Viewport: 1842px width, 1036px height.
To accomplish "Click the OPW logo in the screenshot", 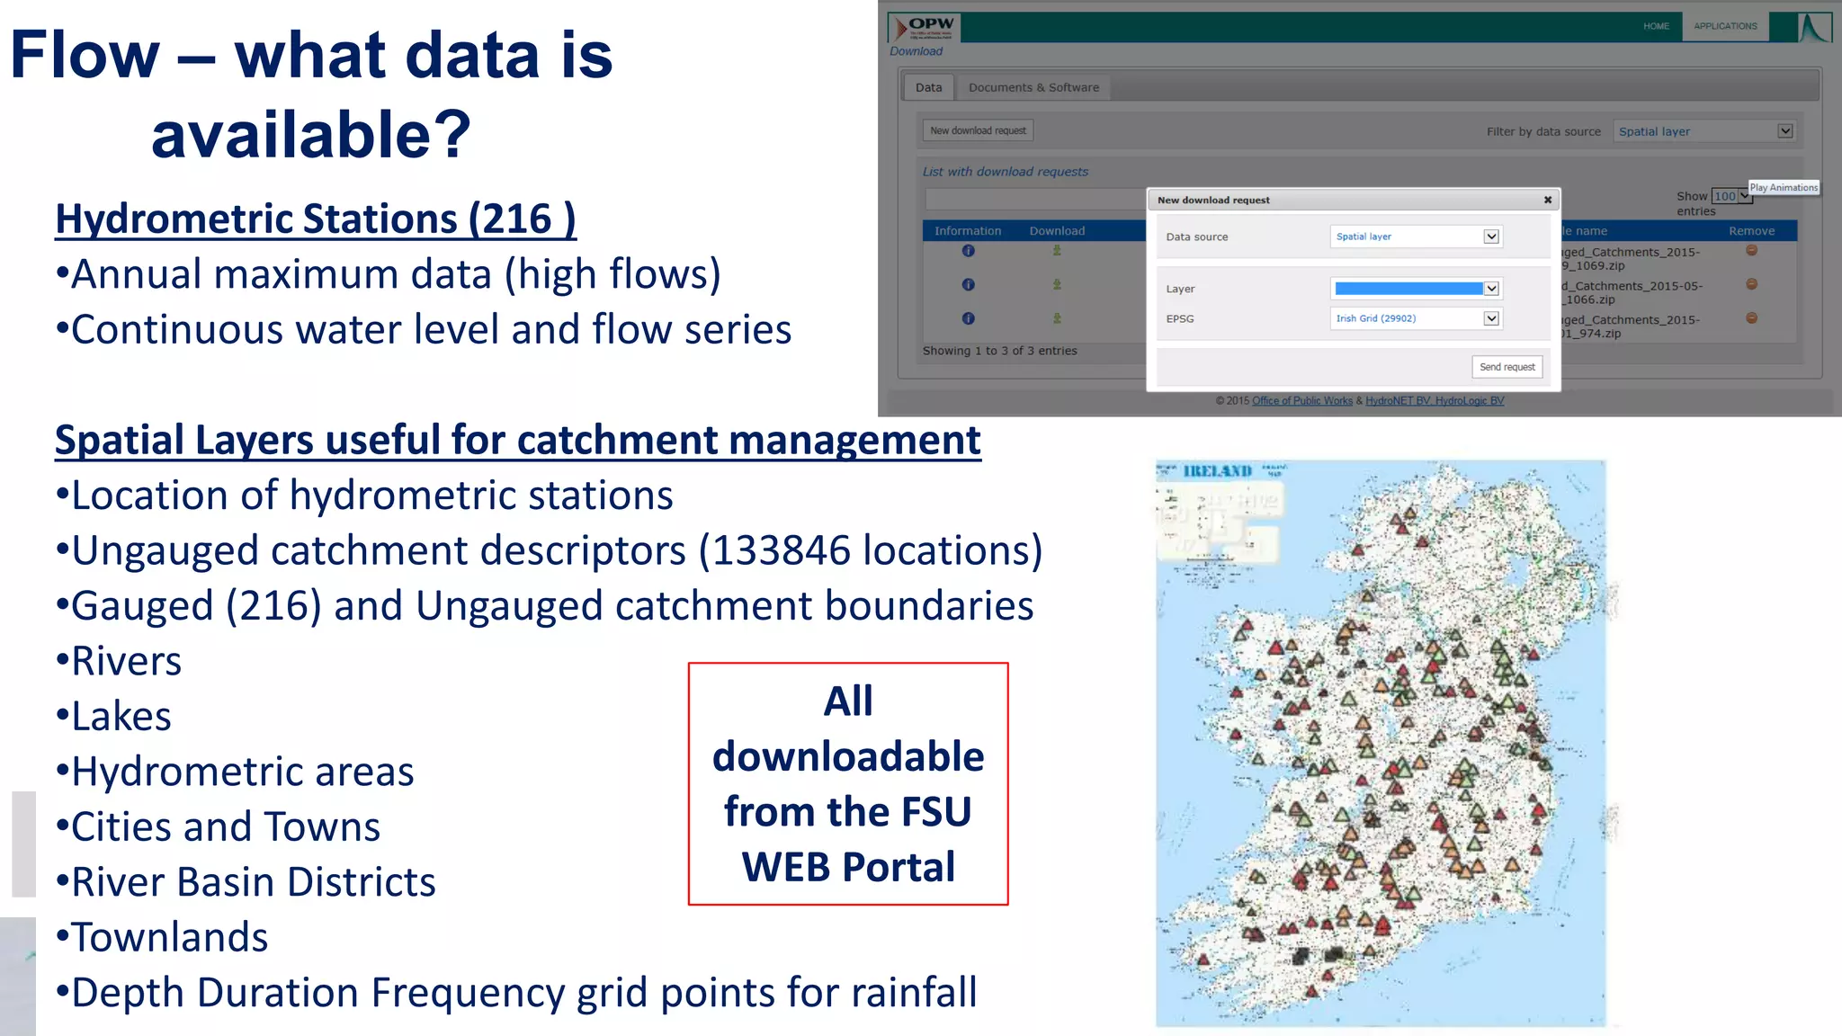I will [924, 28].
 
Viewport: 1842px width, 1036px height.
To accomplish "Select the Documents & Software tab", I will [1033, 87].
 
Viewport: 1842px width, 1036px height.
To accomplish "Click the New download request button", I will [978, 130].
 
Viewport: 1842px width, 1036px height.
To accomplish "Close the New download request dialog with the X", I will [1548, 200].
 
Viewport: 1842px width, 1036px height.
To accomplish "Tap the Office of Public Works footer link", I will [1301, 401].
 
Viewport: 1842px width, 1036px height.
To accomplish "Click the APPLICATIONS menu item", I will [1725, 26].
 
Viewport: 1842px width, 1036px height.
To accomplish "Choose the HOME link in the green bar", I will [1656, 26].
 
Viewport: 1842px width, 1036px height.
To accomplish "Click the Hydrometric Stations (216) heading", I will [315, 219].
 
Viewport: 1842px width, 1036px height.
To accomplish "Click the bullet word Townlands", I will [170, 937].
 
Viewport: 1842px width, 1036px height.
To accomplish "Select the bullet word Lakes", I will [121, 717].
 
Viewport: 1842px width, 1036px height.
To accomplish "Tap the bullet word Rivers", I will [127, 661].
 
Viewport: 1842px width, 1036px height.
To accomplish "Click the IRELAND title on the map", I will [1218, 471].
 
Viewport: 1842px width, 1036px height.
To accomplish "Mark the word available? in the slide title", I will [311, 134].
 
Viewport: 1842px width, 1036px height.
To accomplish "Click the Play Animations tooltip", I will [1784, 187].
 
